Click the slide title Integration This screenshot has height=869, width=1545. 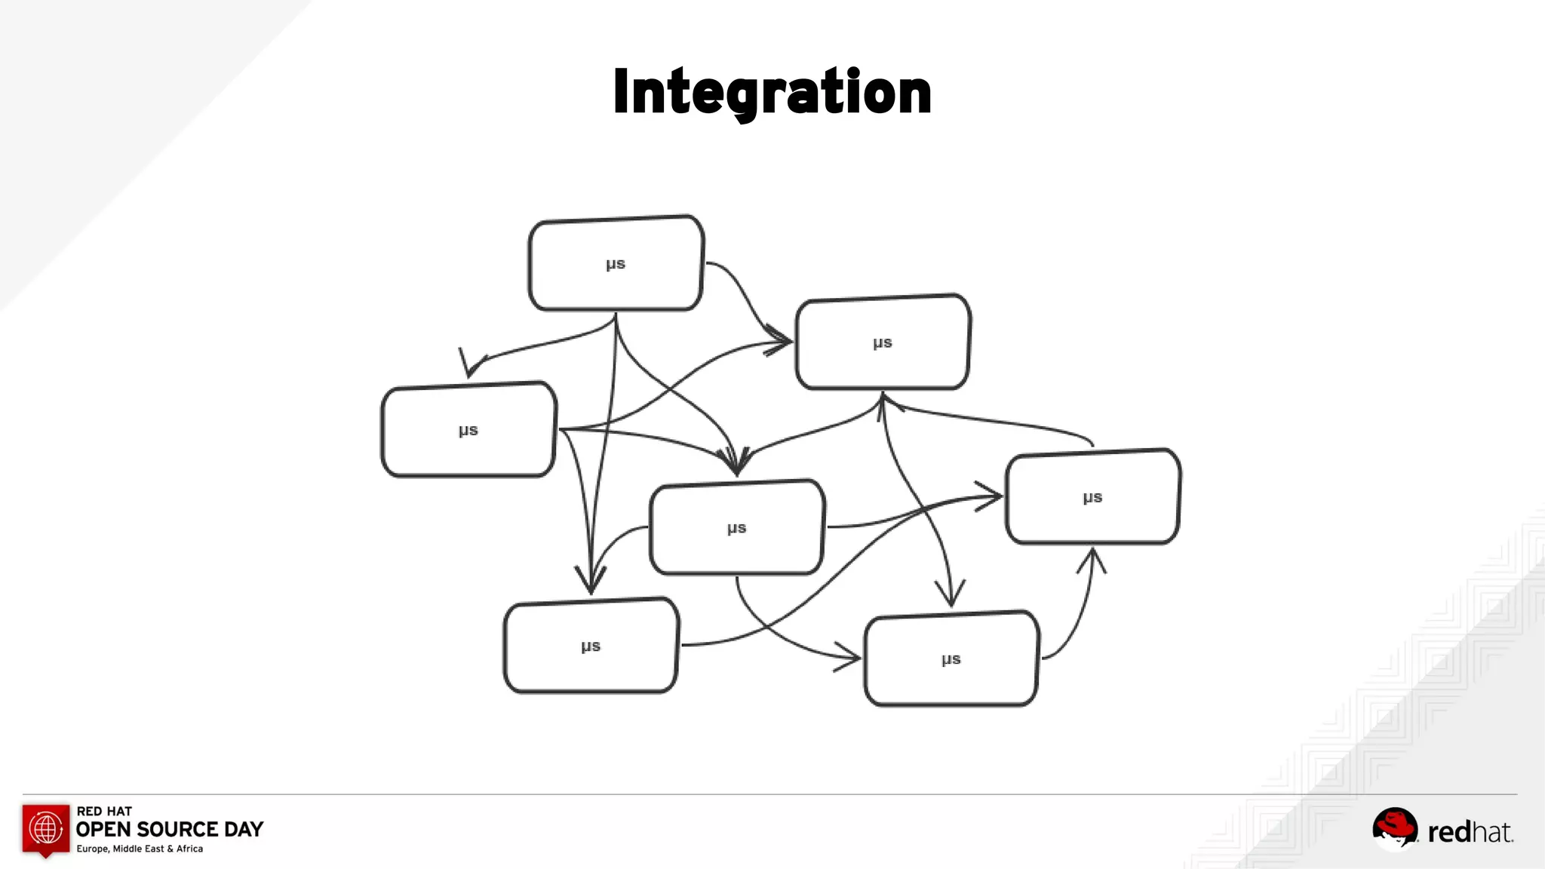pos(772,92)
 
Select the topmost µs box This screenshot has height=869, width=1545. pos(616,263)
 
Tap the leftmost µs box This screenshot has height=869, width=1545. pos(468,430)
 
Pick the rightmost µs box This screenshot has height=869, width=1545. pos(1093,496)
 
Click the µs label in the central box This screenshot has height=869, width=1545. pos(737,528)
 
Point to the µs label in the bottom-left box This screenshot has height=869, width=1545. pos(591,646)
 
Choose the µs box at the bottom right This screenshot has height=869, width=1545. pos(951,659)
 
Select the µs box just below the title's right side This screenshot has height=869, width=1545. pos(883,342)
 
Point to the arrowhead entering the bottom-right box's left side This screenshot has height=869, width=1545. pos(849,658)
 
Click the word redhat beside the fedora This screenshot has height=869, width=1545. pos(1470,832)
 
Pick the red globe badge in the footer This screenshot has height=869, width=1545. pos(46,829)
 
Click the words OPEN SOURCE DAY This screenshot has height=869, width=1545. pos(170,830)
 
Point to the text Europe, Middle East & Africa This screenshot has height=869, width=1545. pos(140,849)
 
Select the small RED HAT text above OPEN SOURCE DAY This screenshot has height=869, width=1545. pos(104,811)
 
